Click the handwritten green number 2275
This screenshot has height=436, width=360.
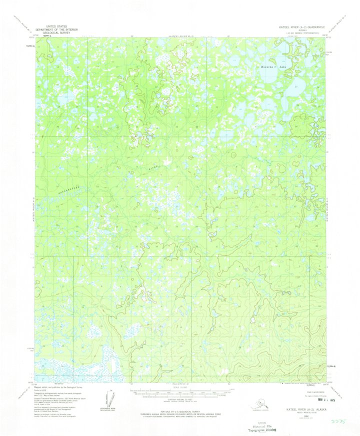pos(343,421)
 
